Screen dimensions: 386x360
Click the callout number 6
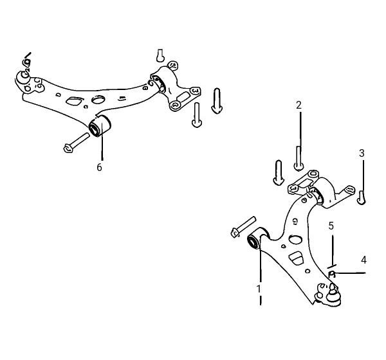99,167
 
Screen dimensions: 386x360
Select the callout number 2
299,105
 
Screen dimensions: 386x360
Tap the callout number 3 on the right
362,153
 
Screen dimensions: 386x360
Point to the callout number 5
331,226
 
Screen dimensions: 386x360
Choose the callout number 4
363,260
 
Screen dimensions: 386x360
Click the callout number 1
259,289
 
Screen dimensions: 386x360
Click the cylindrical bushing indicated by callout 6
100,125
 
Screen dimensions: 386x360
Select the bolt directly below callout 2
299,158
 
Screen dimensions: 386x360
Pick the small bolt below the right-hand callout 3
361,197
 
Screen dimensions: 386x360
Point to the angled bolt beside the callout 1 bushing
243,226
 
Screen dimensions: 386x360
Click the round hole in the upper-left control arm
98,100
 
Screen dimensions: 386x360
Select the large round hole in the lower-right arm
295,239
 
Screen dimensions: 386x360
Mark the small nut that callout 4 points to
332,274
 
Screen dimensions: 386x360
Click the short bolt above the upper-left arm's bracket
160,55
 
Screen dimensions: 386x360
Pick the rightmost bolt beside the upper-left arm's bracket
217,101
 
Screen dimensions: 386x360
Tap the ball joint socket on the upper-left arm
23,78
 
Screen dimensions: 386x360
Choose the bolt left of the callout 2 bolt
279,172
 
